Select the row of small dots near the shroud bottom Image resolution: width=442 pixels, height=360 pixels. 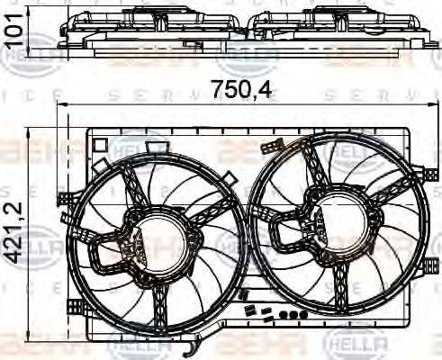pos(288,315)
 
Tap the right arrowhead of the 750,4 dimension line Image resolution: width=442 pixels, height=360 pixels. pos(435,106)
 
